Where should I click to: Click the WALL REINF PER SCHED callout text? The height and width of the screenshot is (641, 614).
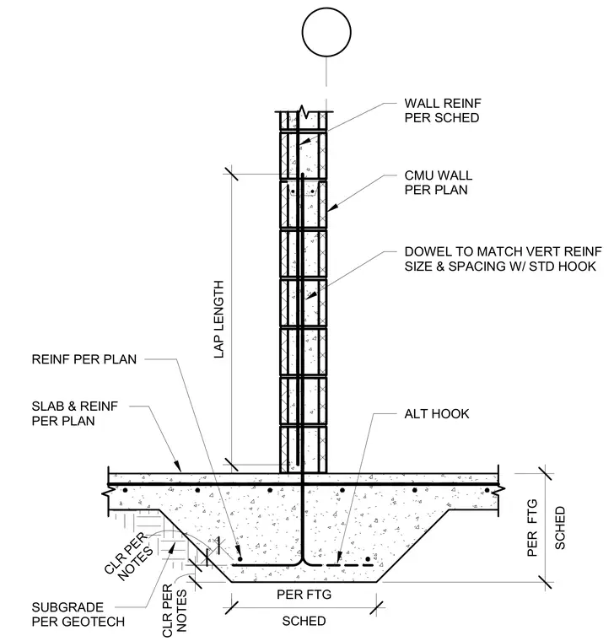point(443,110)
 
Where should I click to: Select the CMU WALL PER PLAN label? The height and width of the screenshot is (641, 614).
point(439,182)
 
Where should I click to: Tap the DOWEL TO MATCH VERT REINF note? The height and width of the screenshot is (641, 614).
point(503,259)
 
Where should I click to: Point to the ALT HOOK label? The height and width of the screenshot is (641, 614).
point(437,414)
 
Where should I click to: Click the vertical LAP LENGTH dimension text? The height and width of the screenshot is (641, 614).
point(219,320)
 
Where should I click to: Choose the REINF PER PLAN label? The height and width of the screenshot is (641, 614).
point(84,359)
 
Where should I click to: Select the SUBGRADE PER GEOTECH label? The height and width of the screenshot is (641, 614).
point(78,614)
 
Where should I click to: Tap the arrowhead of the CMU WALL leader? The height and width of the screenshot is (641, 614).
point(332,207)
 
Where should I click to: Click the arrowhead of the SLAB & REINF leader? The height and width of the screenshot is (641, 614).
point(177,466)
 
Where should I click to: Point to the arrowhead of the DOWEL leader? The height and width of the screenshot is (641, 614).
point(311,295)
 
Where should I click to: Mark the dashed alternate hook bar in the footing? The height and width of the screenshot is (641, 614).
point(350,565)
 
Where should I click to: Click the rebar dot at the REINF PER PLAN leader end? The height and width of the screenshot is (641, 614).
point(240,559)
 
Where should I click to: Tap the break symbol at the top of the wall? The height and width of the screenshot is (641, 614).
point(303,111)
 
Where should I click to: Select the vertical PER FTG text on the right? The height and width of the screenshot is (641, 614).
point(532,528)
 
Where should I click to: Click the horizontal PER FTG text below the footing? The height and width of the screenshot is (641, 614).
point(304,594)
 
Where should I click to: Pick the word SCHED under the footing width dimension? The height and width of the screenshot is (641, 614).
point(304,621)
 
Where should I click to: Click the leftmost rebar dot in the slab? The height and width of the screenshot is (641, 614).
point(126,490)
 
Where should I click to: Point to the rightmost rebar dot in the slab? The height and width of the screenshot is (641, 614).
point(487,490)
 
